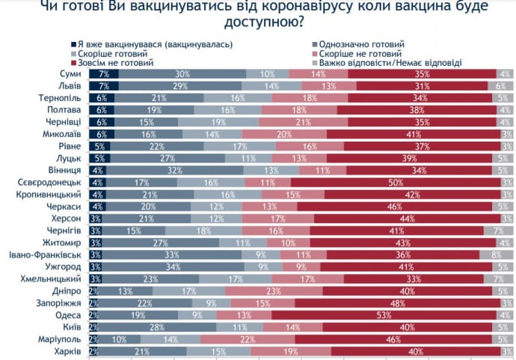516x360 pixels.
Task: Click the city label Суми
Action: pyautogui.click(x=70, y=74)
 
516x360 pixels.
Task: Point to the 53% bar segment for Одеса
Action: pyautogui.click(x=384, y=315)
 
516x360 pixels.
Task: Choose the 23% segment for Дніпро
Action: pyautogui.click(x=274, y=291)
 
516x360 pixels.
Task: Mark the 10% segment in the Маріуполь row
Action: pyautogui.click(x=117, y=339)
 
